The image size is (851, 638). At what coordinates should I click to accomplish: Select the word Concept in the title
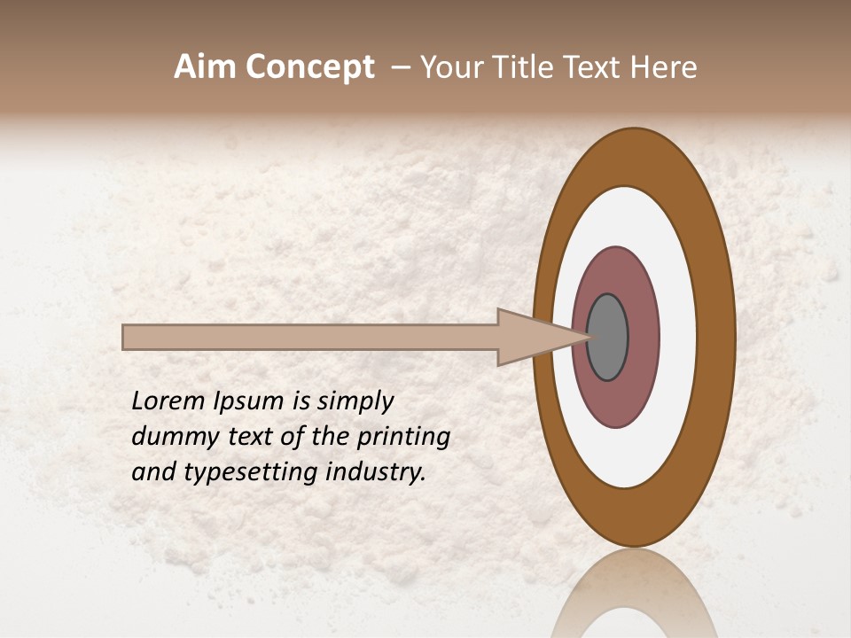click(309, 67)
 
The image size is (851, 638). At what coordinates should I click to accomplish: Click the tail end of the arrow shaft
click(127, 337)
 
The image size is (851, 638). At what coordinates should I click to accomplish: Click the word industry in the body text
click(375, 473)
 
